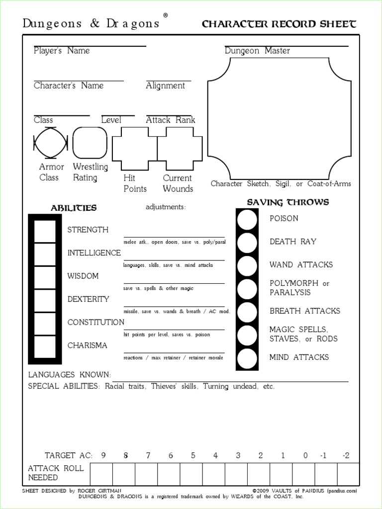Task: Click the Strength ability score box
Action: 44,230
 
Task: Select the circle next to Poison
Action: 247,220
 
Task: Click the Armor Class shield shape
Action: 49,143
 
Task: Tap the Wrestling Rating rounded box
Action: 90,143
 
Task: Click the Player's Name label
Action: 62,51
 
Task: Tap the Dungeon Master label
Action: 257,51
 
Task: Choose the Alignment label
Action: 165,85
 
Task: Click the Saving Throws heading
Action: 288,202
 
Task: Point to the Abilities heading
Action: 74,208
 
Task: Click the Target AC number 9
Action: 103,455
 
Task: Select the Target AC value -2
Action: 346,455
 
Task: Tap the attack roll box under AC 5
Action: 191,473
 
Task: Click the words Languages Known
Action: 69,375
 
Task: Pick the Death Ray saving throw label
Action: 293,242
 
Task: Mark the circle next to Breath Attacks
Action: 247,312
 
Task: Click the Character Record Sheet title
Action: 279,24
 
